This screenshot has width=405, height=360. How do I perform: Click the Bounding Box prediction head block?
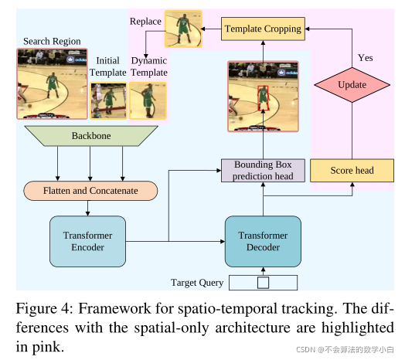coord(263,170)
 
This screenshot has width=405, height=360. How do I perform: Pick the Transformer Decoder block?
coord(263,242)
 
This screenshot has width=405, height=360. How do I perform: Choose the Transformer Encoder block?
coord(87,242)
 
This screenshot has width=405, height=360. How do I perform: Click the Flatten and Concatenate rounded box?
coord(90,190)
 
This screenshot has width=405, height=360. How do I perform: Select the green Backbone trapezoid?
coord(90,136)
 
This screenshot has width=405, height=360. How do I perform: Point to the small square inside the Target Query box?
coord(263,282)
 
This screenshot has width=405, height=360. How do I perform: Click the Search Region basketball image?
coord(51,83)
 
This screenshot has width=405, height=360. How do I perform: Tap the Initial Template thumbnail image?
coord(107,100)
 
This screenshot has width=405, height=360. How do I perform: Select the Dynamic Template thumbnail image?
coord(148,100)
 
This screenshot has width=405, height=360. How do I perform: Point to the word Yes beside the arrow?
coord(366,57)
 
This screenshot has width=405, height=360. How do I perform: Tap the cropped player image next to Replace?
coord(183,29)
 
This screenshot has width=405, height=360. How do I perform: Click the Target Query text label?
coord(197,282)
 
